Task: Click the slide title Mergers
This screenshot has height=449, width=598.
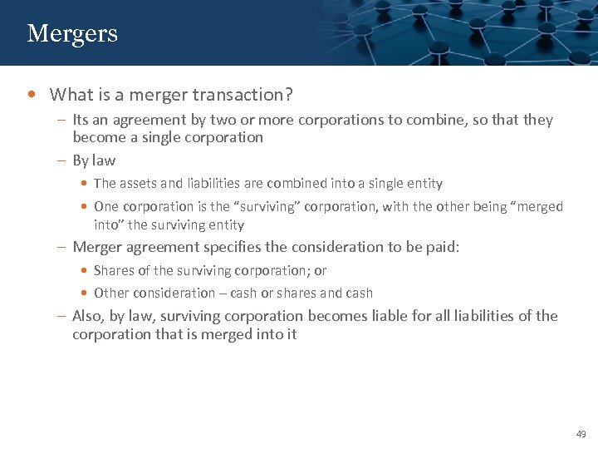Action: (x=72, y=33)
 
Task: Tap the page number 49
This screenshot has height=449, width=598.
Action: (x=581, y=433)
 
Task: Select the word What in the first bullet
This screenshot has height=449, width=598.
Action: (x=70, y=95)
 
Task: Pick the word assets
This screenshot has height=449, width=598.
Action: (x=141, y=183)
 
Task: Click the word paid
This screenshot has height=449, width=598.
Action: (x=441, y=247)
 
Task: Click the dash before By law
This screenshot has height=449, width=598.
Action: (x=62, y=160)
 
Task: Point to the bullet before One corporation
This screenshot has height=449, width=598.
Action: (x=86, y=206)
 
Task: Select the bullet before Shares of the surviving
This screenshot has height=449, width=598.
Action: (x=86, y=270)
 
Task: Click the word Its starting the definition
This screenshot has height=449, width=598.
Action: (x=82, y=120)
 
